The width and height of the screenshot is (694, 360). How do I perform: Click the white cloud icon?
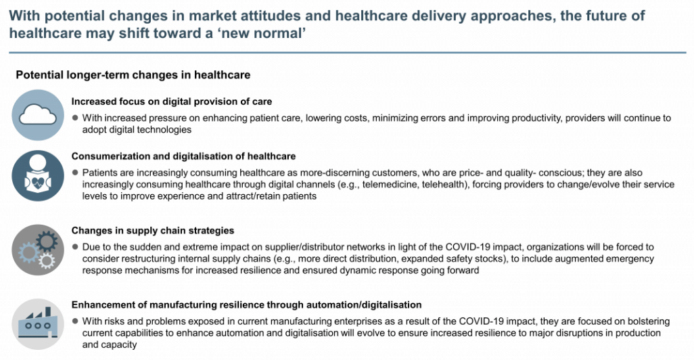click(x=38, y=115)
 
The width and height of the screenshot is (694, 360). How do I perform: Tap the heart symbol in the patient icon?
click(x=38, y=183)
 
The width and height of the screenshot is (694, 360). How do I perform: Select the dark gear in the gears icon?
click(x=47, y=242)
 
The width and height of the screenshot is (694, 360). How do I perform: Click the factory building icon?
click(x=38, y=323)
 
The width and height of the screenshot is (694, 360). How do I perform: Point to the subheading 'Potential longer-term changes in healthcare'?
click(x=133, y=75)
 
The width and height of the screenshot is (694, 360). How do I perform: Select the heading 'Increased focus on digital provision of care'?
click(x=172, y=102)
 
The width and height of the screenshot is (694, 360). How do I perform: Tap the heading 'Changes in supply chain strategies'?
click(x=153, y=230)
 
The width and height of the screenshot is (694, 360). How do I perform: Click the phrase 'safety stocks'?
click(x=479, y=258)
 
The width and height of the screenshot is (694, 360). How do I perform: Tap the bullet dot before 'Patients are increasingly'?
click(x=75, y=173)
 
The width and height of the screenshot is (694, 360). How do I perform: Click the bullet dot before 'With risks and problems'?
click(x=75, y=321)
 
